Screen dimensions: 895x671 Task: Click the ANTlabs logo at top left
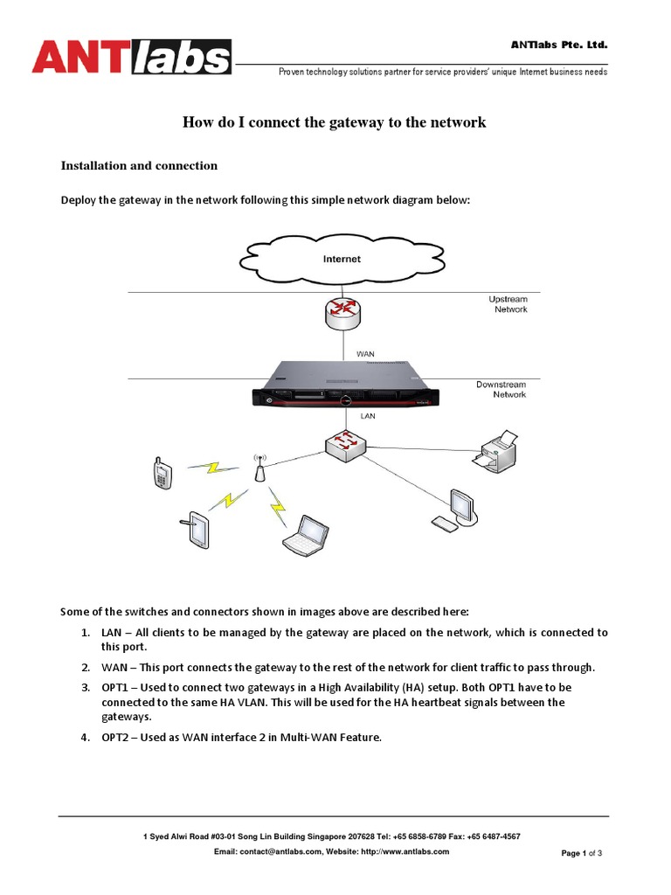[x=132, y=57]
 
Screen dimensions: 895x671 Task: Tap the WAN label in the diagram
[x=365, y=354]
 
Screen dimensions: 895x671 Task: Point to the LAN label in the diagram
[x=368, y=417]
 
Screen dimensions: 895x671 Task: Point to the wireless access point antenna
[x=259, y=468]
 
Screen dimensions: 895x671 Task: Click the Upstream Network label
[x=508, y=304]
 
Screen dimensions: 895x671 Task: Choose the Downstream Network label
[x=502, y=389]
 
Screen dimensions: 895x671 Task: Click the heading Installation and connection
[x=138, y=165]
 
